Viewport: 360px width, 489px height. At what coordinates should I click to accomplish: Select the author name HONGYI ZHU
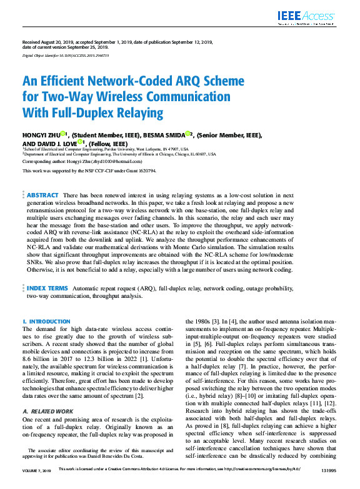click(x=41, y=134)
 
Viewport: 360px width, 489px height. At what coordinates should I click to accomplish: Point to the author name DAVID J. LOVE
click(x=57, y=142)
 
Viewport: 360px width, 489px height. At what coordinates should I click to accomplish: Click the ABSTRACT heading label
click(x=43, y=195)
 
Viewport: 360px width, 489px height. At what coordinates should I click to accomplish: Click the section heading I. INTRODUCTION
click(x=46, y=321)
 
